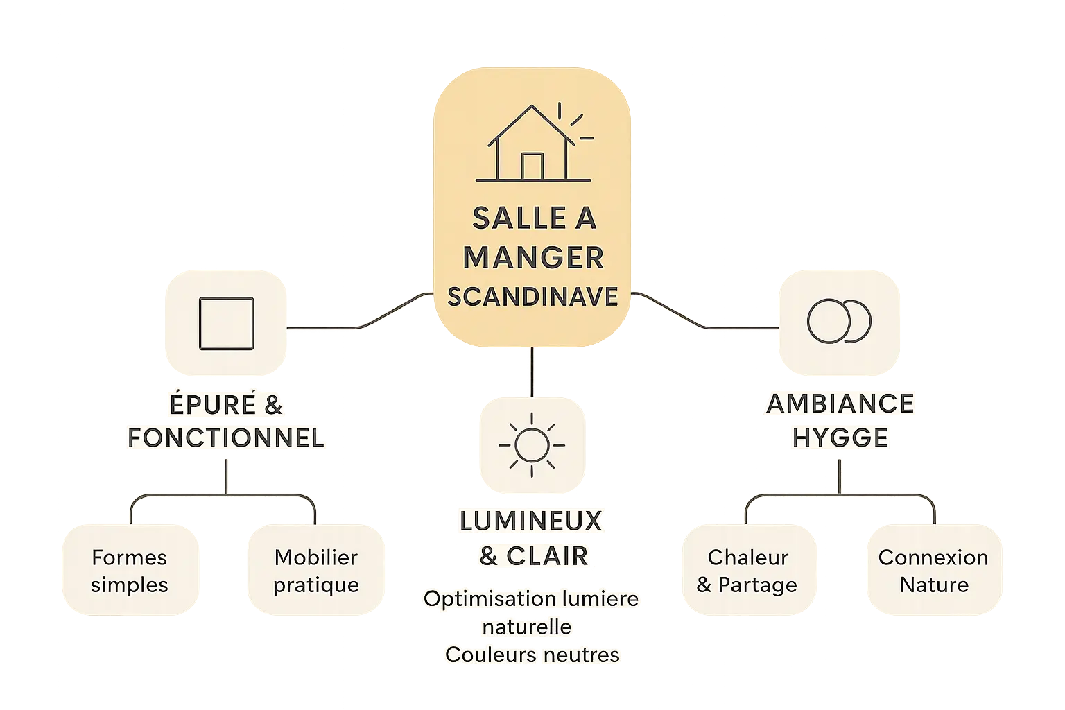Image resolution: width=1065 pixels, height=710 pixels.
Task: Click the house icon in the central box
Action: point(532,144)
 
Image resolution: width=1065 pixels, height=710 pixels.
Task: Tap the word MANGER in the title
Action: point(532,258)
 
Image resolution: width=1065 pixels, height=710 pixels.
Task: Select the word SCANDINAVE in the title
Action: point(532,297)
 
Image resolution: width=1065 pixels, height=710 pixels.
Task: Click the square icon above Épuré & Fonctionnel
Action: point(226,323)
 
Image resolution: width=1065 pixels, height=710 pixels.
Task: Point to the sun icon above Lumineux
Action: point(532,444)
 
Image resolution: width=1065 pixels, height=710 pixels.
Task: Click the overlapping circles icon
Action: point(839,322)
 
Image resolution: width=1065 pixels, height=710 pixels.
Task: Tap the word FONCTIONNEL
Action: point(226,438)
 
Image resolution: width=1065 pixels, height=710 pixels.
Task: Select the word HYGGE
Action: point(840,438)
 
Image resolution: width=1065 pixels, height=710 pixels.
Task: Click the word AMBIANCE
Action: point(840,404)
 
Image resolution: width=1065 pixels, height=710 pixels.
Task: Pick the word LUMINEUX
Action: point(531,521)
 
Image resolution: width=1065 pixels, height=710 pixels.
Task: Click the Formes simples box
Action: point(130,571)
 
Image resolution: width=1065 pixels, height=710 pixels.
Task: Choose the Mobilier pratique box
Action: point(316,571)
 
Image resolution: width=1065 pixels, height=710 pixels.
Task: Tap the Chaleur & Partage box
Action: point(747,571)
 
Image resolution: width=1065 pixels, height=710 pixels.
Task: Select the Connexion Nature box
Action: point(933,571)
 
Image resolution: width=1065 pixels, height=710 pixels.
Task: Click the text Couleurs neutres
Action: point(532,655)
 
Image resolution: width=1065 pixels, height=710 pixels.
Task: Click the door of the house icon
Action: point(532,166)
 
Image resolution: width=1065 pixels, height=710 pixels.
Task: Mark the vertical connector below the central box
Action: point(532,371)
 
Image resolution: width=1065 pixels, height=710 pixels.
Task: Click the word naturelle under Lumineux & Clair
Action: point(527,627)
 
